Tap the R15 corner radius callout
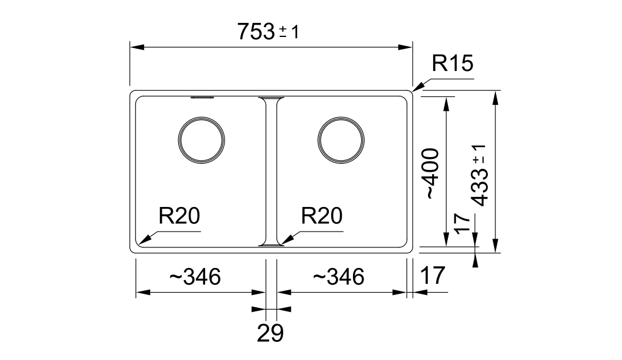tap(452, 63)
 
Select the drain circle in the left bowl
tap(201, 141)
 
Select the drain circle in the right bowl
tap(342, 141)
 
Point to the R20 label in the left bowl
tap(179, 217)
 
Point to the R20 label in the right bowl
tap(321, 217)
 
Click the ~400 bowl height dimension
tap(431, 174)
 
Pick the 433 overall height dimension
tap(480, 175)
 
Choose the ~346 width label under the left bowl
tap(195, 276)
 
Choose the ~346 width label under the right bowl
tap(338, 276)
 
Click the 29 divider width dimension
tap(270, 333)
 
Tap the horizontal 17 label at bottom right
tap(433, 275)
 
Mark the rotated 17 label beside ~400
tap(463, 223)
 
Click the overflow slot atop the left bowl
tap(201, 97)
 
